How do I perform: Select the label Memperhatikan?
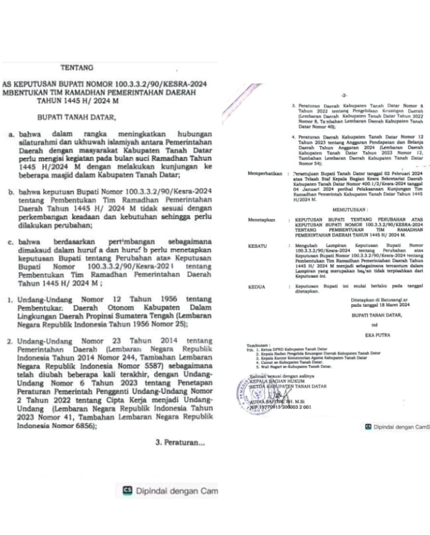(x=266, y=173)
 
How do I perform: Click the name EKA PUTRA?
(x=364, y=334)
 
